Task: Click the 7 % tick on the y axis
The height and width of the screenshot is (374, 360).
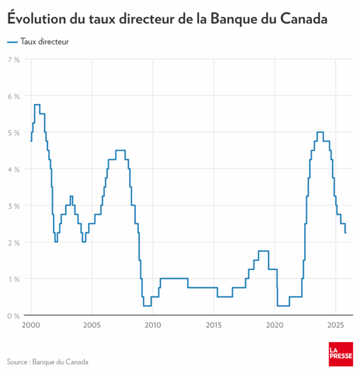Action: [13, 60]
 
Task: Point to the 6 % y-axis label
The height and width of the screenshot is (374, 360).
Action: [13, 96]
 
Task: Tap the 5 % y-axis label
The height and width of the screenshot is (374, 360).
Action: [13, 133]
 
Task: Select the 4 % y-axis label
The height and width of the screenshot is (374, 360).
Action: [13, 169]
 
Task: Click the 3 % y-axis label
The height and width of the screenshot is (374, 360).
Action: [13, 206]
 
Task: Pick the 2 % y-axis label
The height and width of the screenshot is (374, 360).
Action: [13, 242]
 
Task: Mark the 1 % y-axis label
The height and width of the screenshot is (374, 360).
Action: [13, 279]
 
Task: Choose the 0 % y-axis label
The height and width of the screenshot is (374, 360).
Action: [13, 315]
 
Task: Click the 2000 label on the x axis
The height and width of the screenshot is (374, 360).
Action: [31, 325]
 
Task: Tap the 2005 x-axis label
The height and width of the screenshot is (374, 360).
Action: [92, 325]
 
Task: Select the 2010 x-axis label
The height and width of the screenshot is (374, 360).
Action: [153, 325]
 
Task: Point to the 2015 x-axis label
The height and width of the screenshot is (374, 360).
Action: [214, 325]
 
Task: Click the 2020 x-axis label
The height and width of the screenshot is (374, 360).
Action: [275, 325]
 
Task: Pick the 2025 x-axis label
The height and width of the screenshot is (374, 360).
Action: [336, 325]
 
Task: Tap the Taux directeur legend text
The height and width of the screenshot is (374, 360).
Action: [45, 42]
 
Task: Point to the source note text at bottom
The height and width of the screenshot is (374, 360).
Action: [47, 361]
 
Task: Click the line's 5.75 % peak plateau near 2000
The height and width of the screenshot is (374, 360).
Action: [37, 105]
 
